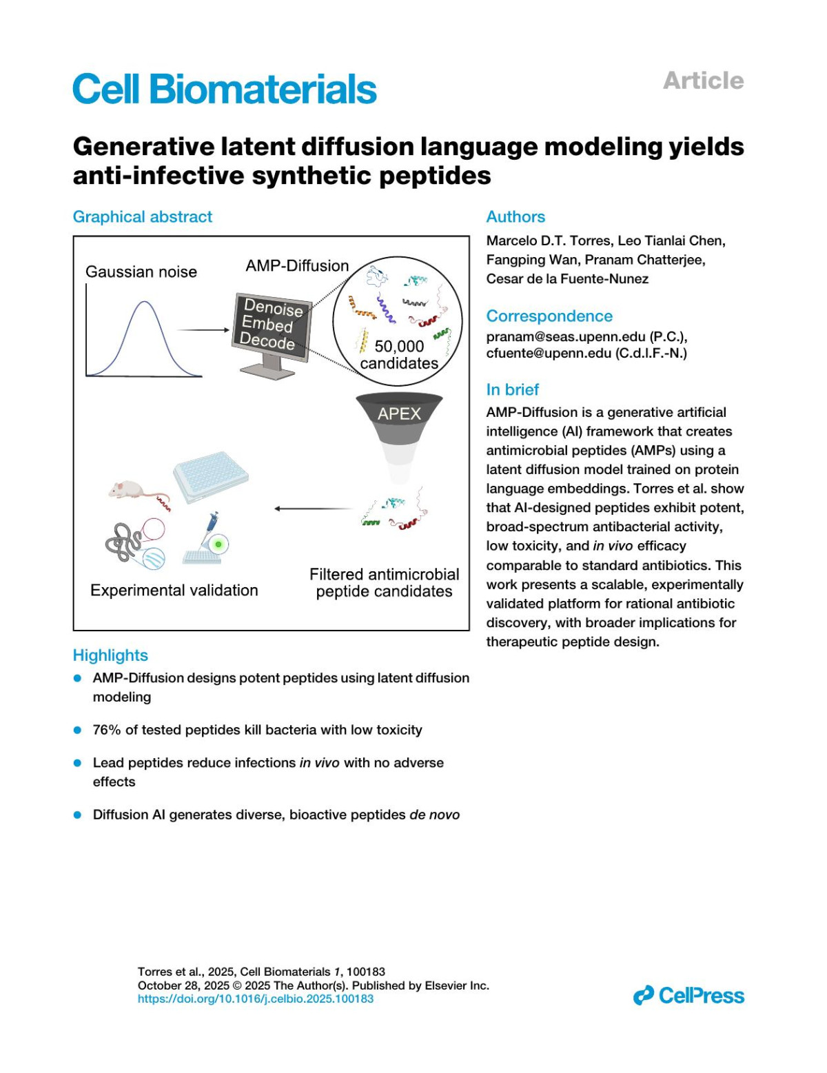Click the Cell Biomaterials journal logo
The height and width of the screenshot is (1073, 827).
coord(225,89)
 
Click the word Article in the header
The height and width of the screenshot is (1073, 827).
coord(703,81)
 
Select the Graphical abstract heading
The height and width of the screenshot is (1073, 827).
coord(143,217)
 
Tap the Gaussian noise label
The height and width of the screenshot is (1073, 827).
coord(141,272)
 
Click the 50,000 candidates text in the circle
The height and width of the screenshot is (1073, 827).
coord(399,354)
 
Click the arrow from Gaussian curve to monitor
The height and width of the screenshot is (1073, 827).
coord(203,330)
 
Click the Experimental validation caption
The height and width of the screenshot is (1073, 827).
coord(174,591)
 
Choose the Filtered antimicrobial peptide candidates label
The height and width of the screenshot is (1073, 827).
coord(384,583)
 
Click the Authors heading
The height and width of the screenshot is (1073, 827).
coord(515,217)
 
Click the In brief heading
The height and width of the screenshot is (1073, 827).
coord(513,390)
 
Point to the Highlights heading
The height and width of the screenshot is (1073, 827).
coord(110,655)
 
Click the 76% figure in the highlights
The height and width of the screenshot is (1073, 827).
coord(107,730)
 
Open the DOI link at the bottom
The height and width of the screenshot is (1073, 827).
coord(256,999)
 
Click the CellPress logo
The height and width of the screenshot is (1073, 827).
coord(688,996)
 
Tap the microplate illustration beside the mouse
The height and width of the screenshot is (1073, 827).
coord(210,474)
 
